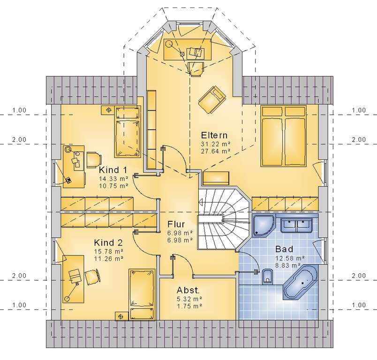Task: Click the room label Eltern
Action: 214,135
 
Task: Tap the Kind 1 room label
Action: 113,170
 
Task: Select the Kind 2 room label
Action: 108,242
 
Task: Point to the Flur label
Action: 176,224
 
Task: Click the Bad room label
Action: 284,249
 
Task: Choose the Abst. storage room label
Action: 188,290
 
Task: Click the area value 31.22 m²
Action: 215,144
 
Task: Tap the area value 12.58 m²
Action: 290,258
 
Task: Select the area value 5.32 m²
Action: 189,299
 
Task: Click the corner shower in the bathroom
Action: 263,225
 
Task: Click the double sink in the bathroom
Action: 297,225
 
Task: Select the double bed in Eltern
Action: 284,136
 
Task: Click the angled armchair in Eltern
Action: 212,99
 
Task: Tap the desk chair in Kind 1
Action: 93,159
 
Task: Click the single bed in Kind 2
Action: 142,294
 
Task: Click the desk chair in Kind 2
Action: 92,277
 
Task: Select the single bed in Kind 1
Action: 128,132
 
